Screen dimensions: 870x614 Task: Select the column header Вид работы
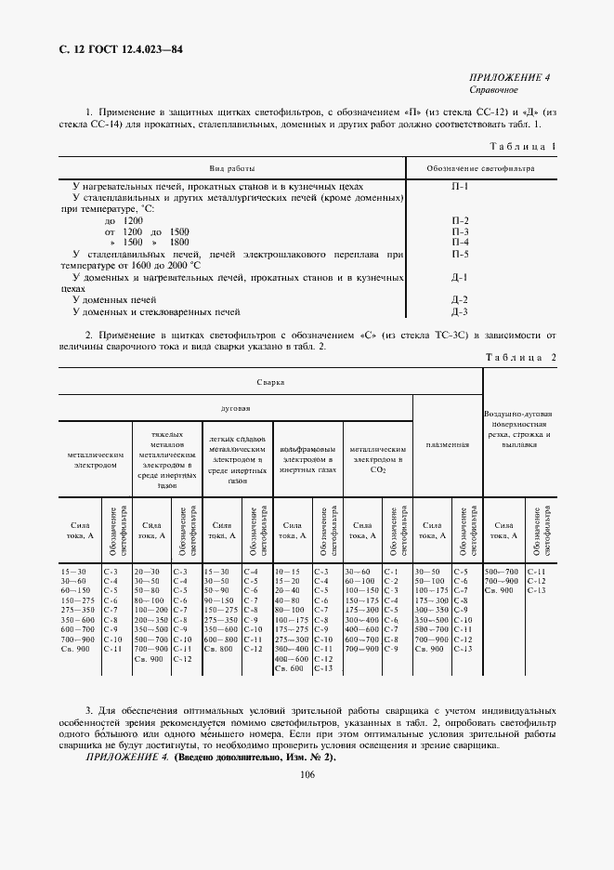pyautogui.click(x=231, y=168)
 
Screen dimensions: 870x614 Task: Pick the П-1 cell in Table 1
pyautogui.click(x=459, y=186)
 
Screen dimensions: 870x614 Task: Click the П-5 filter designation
pyautogui.click(x=459, y=254)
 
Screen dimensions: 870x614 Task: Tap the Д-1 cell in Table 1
pyautogui.click(x=459, y=277)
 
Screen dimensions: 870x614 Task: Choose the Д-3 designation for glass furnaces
pyautogui.click(x=459, y=311)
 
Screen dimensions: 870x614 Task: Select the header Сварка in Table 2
pyautogui.click(x=270, y=381)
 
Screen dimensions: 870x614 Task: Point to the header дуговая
pyautogui.click(x=235, y=407)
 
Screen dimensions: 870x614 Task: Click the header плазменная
pyautogui.click(x=447, y=444)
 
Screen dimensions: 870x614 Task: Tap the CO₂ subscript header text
pyautogui.click(x=377, y=470)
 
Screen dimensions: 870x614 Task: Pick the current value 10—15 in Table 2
pyautogui.click(x=290, y=572)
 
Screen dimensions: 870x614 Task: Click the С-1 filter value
pyautogui.click(x=390, y=572)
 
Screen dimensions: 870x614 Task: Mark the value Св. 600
pyautogui.click(x=290, y=668)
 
